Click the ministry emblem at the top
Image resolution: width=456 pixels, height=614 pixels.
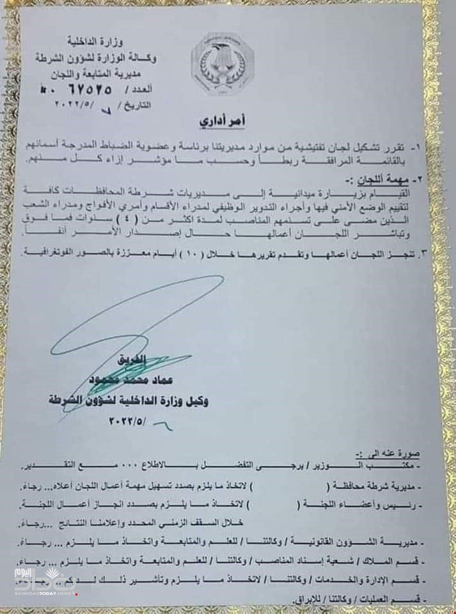[221, 63]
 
